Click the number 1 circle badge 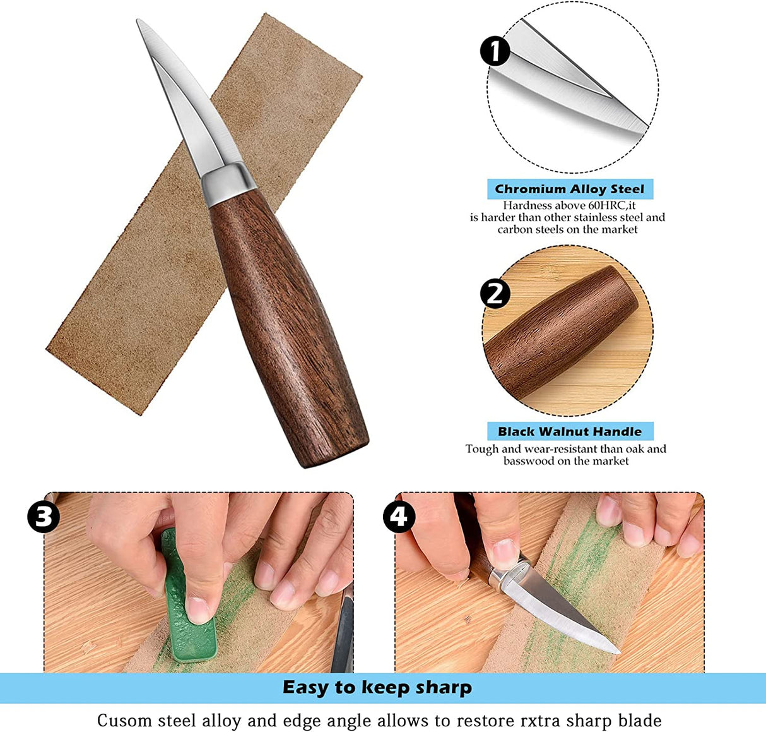point(495,51)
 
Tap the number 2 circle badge point(495,294)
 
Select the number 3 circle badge point(44,517)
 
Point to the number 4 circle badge point(399,517)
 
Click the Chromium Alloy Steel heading point(569,189)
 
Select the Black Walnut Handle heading point(569,431)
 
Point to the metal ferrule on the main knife point(229,184)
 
